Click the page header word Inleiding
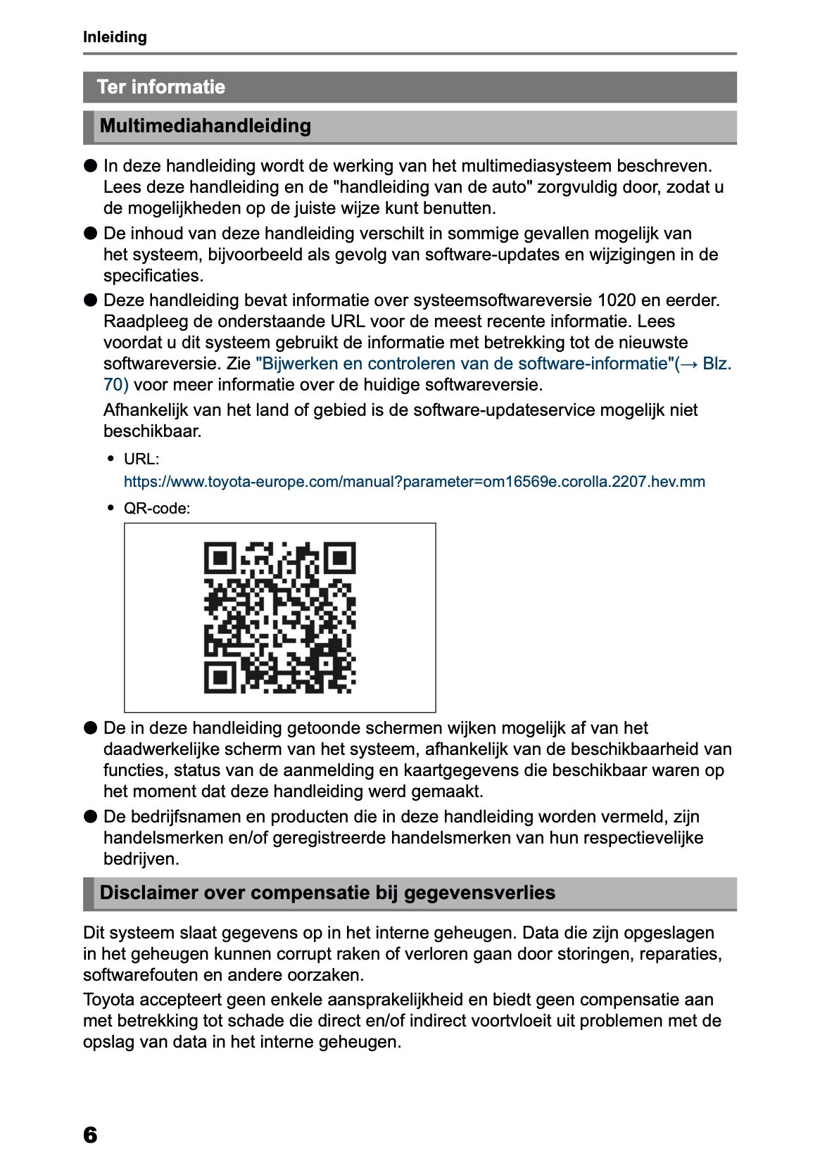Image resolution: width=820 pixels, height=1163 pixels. coord(115,37)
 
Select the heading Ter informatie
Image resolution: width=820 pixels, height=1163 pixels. coord(161,87)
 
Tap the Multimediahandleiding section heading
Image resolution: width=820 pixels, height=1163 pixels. coord(206,126)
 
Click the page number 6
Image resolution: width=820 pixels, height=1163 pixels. coord(90,1134)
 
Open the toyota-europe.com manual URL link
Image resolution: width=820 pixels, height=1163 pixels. coord(414,482)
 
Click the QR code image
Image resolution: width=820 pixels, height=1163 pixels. coord(279,617)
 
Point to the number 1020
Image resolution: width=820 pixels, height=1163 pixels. coord(617,300)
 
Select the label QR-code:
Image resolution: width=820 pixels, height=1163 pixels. coord(157,508)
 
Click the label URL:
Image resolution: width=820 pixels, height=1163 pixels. coord(141,459)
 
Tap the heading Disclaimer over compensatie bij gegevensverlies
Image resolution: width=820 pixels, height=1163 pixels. coord(327,893)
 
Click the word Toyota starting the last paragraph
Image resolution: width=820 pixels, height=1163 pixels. coord(108,1000)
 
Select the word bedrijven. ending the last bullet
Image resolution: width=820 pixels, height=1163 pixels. coord(141,859)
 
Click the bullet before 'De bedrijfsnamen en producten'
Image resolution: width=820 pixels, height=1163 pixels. coord(90,816)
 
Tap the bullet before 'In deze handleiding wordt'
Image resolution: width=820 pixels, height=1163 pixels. coord(90,166)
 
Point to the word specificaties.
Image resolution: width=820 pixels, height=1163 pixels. coord(153,276)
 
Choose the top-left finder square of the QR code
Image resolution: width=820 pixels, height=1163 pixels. coord(220,558)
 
